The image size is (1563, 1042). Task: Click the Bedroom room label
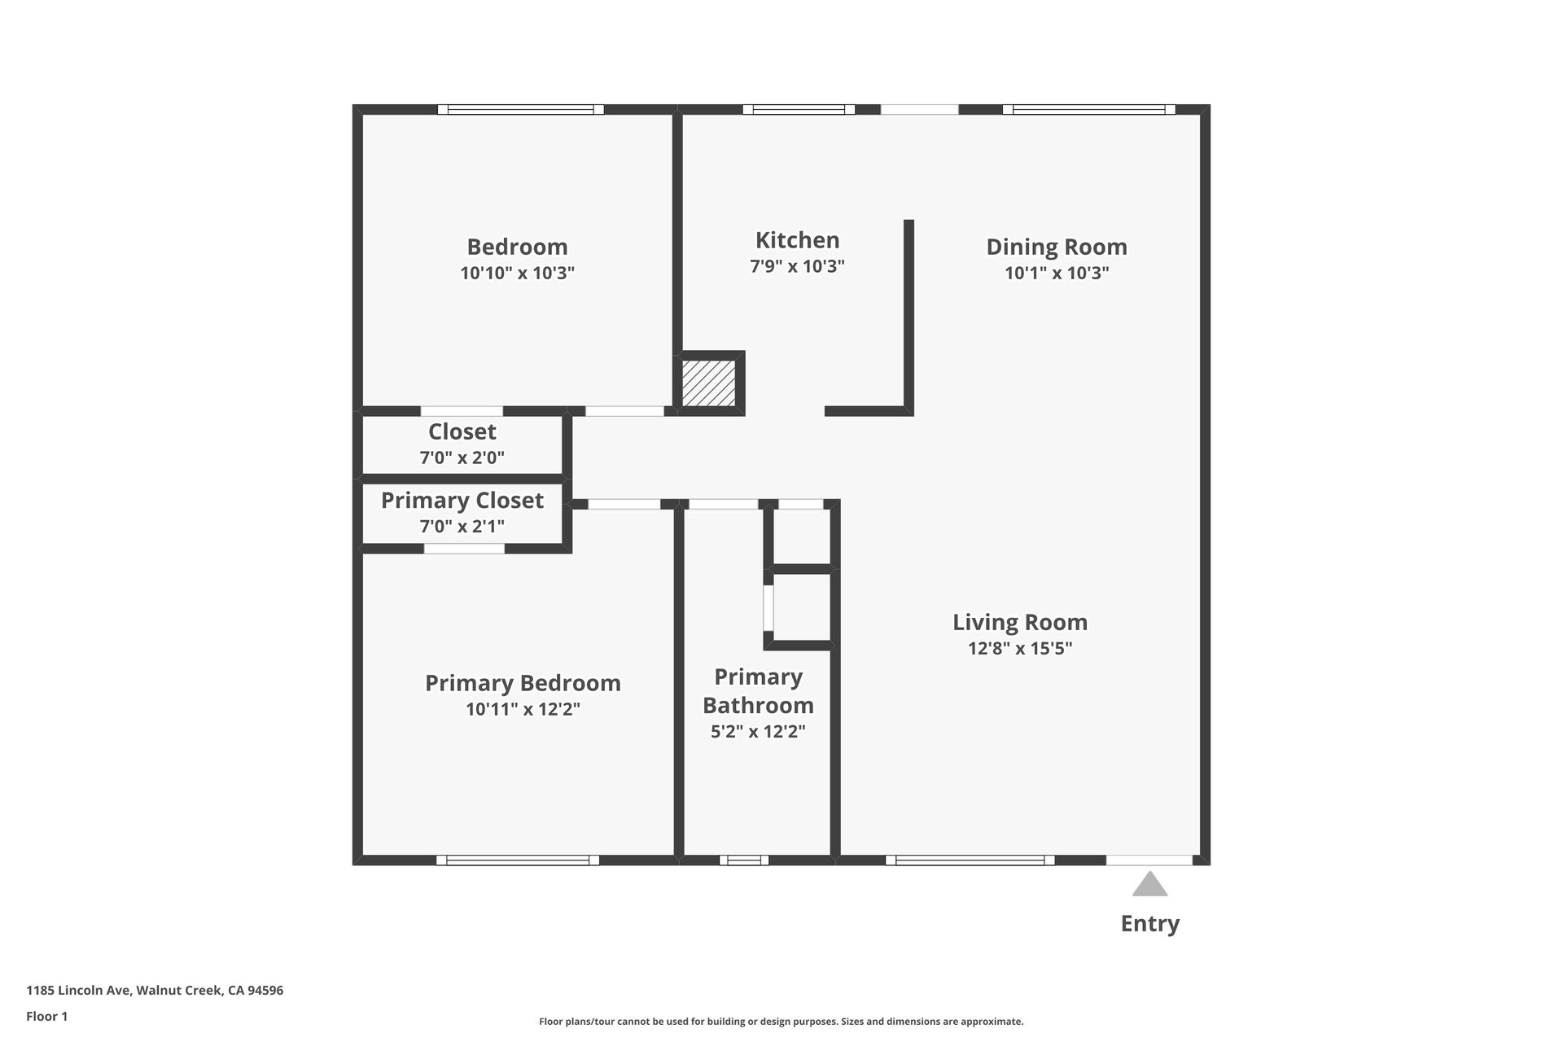click(517, 247)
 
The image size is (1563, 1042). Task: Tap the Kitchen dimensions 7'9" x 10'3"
click(797, 266)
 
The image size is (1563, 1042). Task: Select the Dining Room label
click(1056, 247)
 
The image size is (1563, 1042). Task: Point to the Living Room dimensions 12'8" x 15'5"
click(1019, 649)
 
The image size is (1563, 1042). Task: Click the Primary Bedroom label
click(523, 683)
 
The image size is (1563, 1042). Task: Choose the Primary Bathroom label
click(758, 691)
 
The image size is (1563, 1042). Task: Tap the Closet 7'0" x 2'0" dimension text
click(462, 458)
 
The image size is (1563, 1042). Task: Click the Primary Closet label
click(462, 500)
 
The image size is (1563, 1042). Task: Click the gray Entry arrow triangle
click(1149, 885)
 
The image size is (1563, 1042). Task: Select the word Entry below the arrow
click(1149, 923)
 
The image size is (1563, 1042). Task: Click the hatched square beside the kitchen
click(708, 383)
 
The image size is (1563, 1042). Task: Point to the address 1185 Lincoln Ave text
click(155, 991)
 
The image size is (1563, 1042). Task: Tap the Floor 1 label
click(47, 1016)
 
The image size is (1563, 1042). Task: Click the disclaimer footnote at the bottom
click(781, 1022)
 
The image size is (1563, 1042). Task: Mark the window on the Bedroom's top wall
click(520, 109)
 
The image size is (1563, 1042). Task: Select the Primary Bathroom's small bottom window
click(743, 860)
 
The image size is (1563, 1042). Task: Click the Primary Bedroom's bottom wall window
click(518, 860)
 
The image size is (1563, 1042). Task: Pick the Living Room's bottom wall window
click(970, 860)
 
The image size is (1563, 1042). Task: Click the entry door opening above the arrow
click(1149, 860)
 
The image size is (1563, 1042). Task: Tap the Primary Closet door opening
click(464, 549)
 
